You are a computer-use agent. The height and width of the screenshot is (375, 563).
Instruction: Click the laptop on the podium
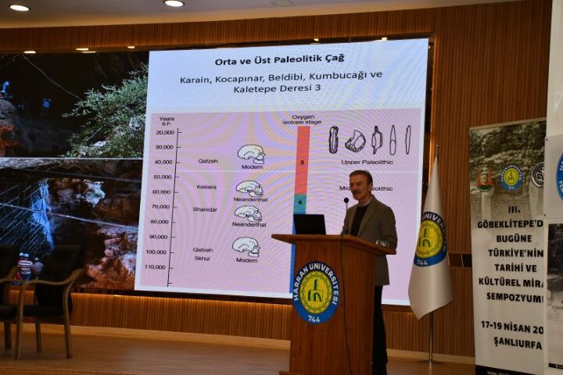click(309, 224)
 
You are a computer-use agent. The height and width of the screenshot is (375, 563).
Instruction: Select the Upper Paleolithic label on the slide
click(367, 162)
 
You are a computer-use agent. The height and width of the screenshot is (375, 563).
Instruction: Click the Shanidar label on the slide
click(205, 209)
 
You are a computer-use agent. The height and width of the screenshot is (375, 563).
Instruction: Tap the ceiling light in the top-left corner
click(19, 7)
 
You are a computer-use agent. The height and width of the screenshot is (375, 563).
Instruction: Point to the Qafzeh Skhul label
click(203, 253)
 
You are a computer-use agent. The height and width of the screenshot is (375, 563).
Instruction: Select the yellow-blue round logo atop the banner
click(511, 177)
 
